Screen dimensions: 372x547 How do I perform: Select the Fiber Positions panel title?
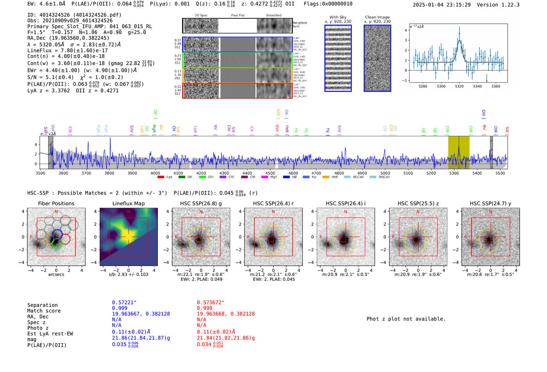[x=56, y=203]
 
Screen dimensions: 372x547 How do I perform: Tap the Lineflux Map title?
[x=128, y=203]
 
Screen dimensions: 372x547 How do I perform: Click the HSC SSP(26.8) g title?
[x=201, y=203]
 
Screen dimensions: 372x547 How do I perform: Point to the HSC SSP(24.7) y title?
[x=490, y=203]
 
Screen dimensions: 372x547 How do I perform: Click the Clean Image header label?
[x=377, y=17]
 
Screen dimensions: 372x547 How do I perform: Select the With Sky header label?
[x=338, y=17]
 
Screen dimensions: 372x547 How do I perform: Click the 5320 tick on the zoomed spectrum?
[x=459, y=86]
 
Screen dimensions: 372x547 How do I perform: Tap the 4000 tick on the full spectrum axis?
[x=155, y=173]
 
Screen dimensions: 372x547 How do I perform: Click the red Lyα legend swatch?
[x=161, y=177]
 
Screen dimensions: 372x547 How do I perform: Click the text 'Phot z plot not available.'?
[x=406, y=319]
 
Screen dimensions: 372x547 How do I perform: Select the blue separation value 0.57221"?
[x=124, y=303]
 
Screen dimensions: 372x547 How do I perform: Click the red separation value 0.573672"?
[x=211, y=303]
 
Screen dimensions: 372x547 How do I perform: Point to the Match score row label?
[x=44, y=311]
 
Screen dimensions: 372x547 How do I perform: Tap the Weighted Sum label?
[x=299, y=25]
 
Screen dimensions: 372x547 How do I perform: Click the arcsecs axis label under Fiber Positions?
[x=56, y=274]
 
